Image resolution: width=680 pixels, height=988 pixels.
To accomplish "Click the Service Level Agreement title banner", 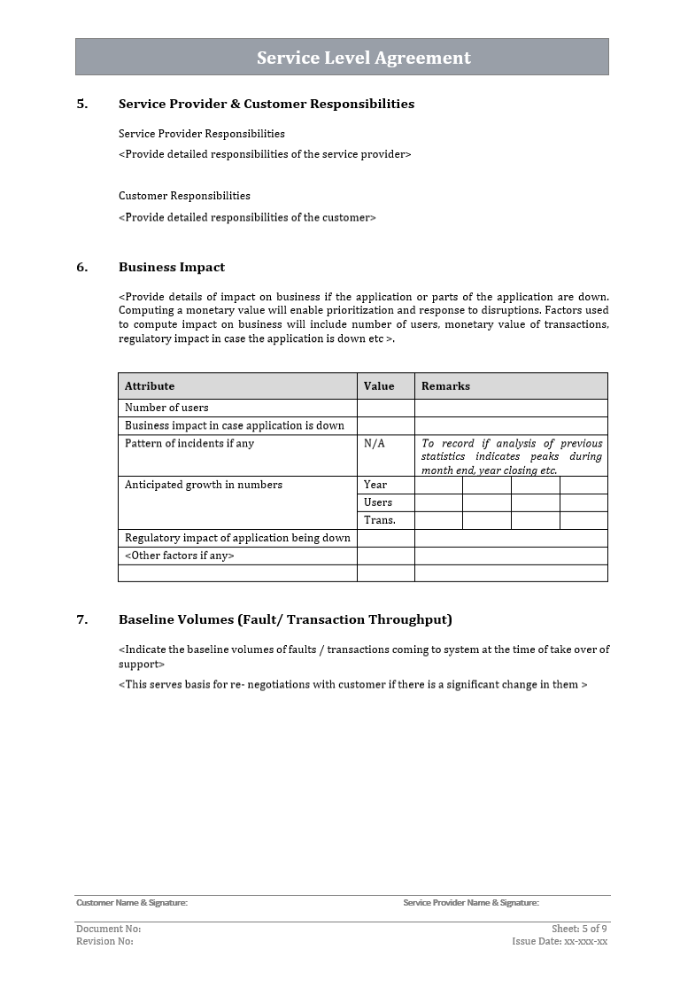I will tap(342, 58).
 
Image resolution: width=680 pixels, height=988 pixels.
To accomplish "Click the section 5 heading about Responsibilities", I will tap(266, 104).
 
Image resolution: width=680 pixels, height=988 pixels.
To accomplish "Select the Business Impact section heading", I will tap(172, 267).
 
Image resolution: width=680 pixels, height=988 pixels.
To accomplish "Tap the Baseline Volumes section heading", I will tap(285, 619).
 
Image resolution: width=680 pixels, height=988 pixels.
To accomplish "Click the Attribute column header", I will tap(150, 386).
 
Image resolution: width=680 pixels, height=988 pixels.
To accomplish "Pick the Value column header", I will tap(379, 386).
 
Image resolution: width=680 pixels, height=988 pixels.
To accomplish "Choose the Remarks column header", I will tap(445, 386).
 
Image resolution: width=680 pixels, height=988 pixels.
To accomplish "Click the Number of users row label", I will tap(166, 408).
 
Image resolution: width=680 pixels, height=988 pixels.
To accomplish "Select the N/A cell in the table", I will tap(375, 443).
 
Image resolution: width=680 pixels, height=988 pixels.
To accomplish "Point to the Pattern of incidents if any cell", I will tap(189, 443).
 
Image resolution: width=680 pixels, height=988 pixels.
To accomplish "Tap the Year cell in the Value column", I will tap(375, 485).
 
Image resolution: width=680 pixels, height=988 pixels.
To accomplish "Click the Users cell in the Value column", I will tap(378, 502).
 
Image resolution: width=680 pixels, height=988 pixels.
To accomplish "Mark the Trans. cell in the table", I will tap(380, 520).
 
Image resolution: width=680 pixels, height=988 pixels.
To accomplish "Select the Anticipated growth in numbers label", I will tap(204, 485).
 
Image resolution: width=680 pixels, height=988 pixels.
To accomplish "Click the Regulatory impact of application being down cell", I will tap(237, 538).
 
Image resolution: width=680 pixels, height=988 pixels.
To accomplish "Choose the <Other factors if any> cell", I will tap(180, 556).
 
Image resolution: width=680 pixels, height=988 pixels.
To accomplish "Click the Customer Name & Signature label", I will tap(132, 903).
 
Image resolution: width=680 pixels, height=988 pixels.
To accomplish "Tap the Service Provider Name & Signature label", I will tap(471, 903).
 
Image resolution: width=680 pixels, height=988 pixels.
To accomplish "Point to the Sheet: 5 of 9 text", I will tap(579, 929).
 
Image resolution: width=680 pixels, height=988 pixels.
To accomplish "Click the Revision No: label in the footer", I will tap(104, 941).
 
